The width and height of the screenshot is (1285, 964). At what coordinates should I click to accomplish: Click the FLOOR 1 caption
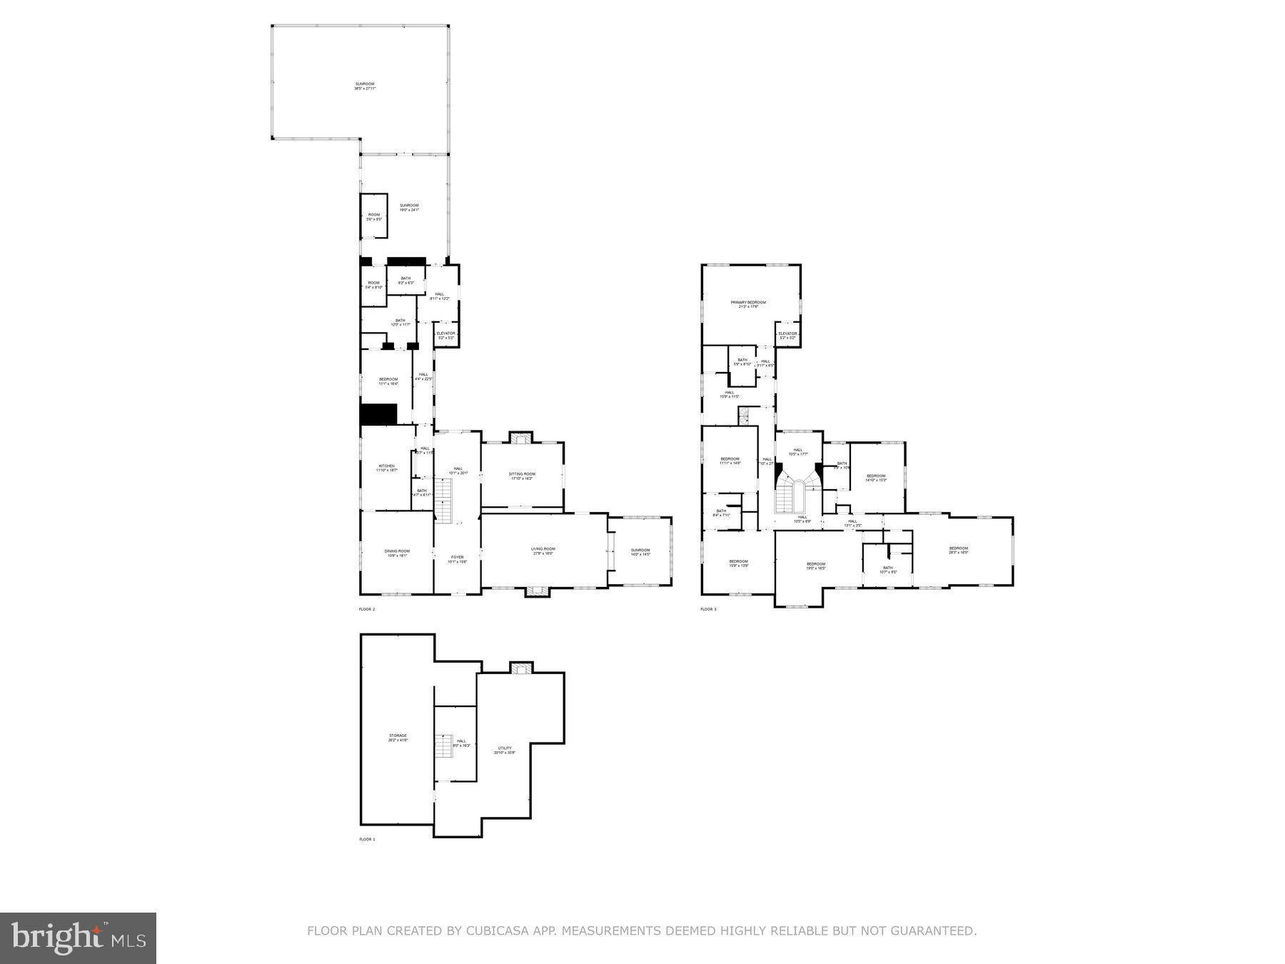[x=366, y=840]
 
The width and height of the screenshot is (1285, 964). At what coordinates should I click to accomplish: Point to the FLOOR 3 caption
[x=707, y=609]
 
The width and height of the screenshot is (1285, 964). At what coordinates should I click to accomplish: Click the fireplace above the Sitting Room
[x=520, y=438]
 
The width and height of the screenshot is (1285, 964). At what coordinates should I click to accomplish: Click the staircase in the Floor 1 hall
[x=445, y=746]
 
